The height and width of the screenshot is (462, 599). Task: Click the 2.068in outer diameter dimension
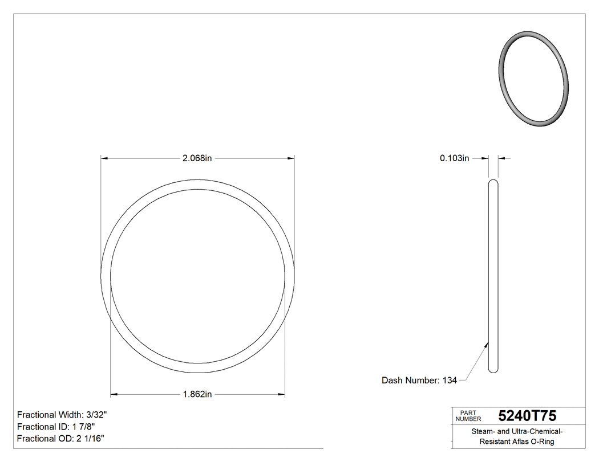197,158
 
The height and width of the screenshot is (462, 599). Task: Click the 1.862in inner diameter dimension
197,394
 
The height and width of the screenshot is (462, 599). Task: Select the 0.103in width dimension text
454,158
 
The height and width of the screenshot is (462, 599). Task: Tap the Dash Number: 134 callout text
419,381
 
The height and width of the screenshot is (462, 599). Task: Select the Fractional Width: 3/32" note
62,415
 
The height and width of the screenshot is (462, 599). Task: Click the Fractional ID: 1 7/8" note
56,427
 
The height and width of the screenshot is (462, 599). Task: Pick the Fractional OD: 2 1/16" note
60,439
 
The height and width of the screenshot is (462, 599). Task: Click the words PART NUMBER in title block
468,416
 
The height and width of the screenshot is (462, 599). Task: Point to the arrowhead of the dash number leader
487,344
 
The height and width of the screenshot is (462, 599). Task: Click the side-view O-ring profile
493,276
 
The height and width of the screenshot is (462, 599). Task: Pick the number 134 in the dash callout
450,381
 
